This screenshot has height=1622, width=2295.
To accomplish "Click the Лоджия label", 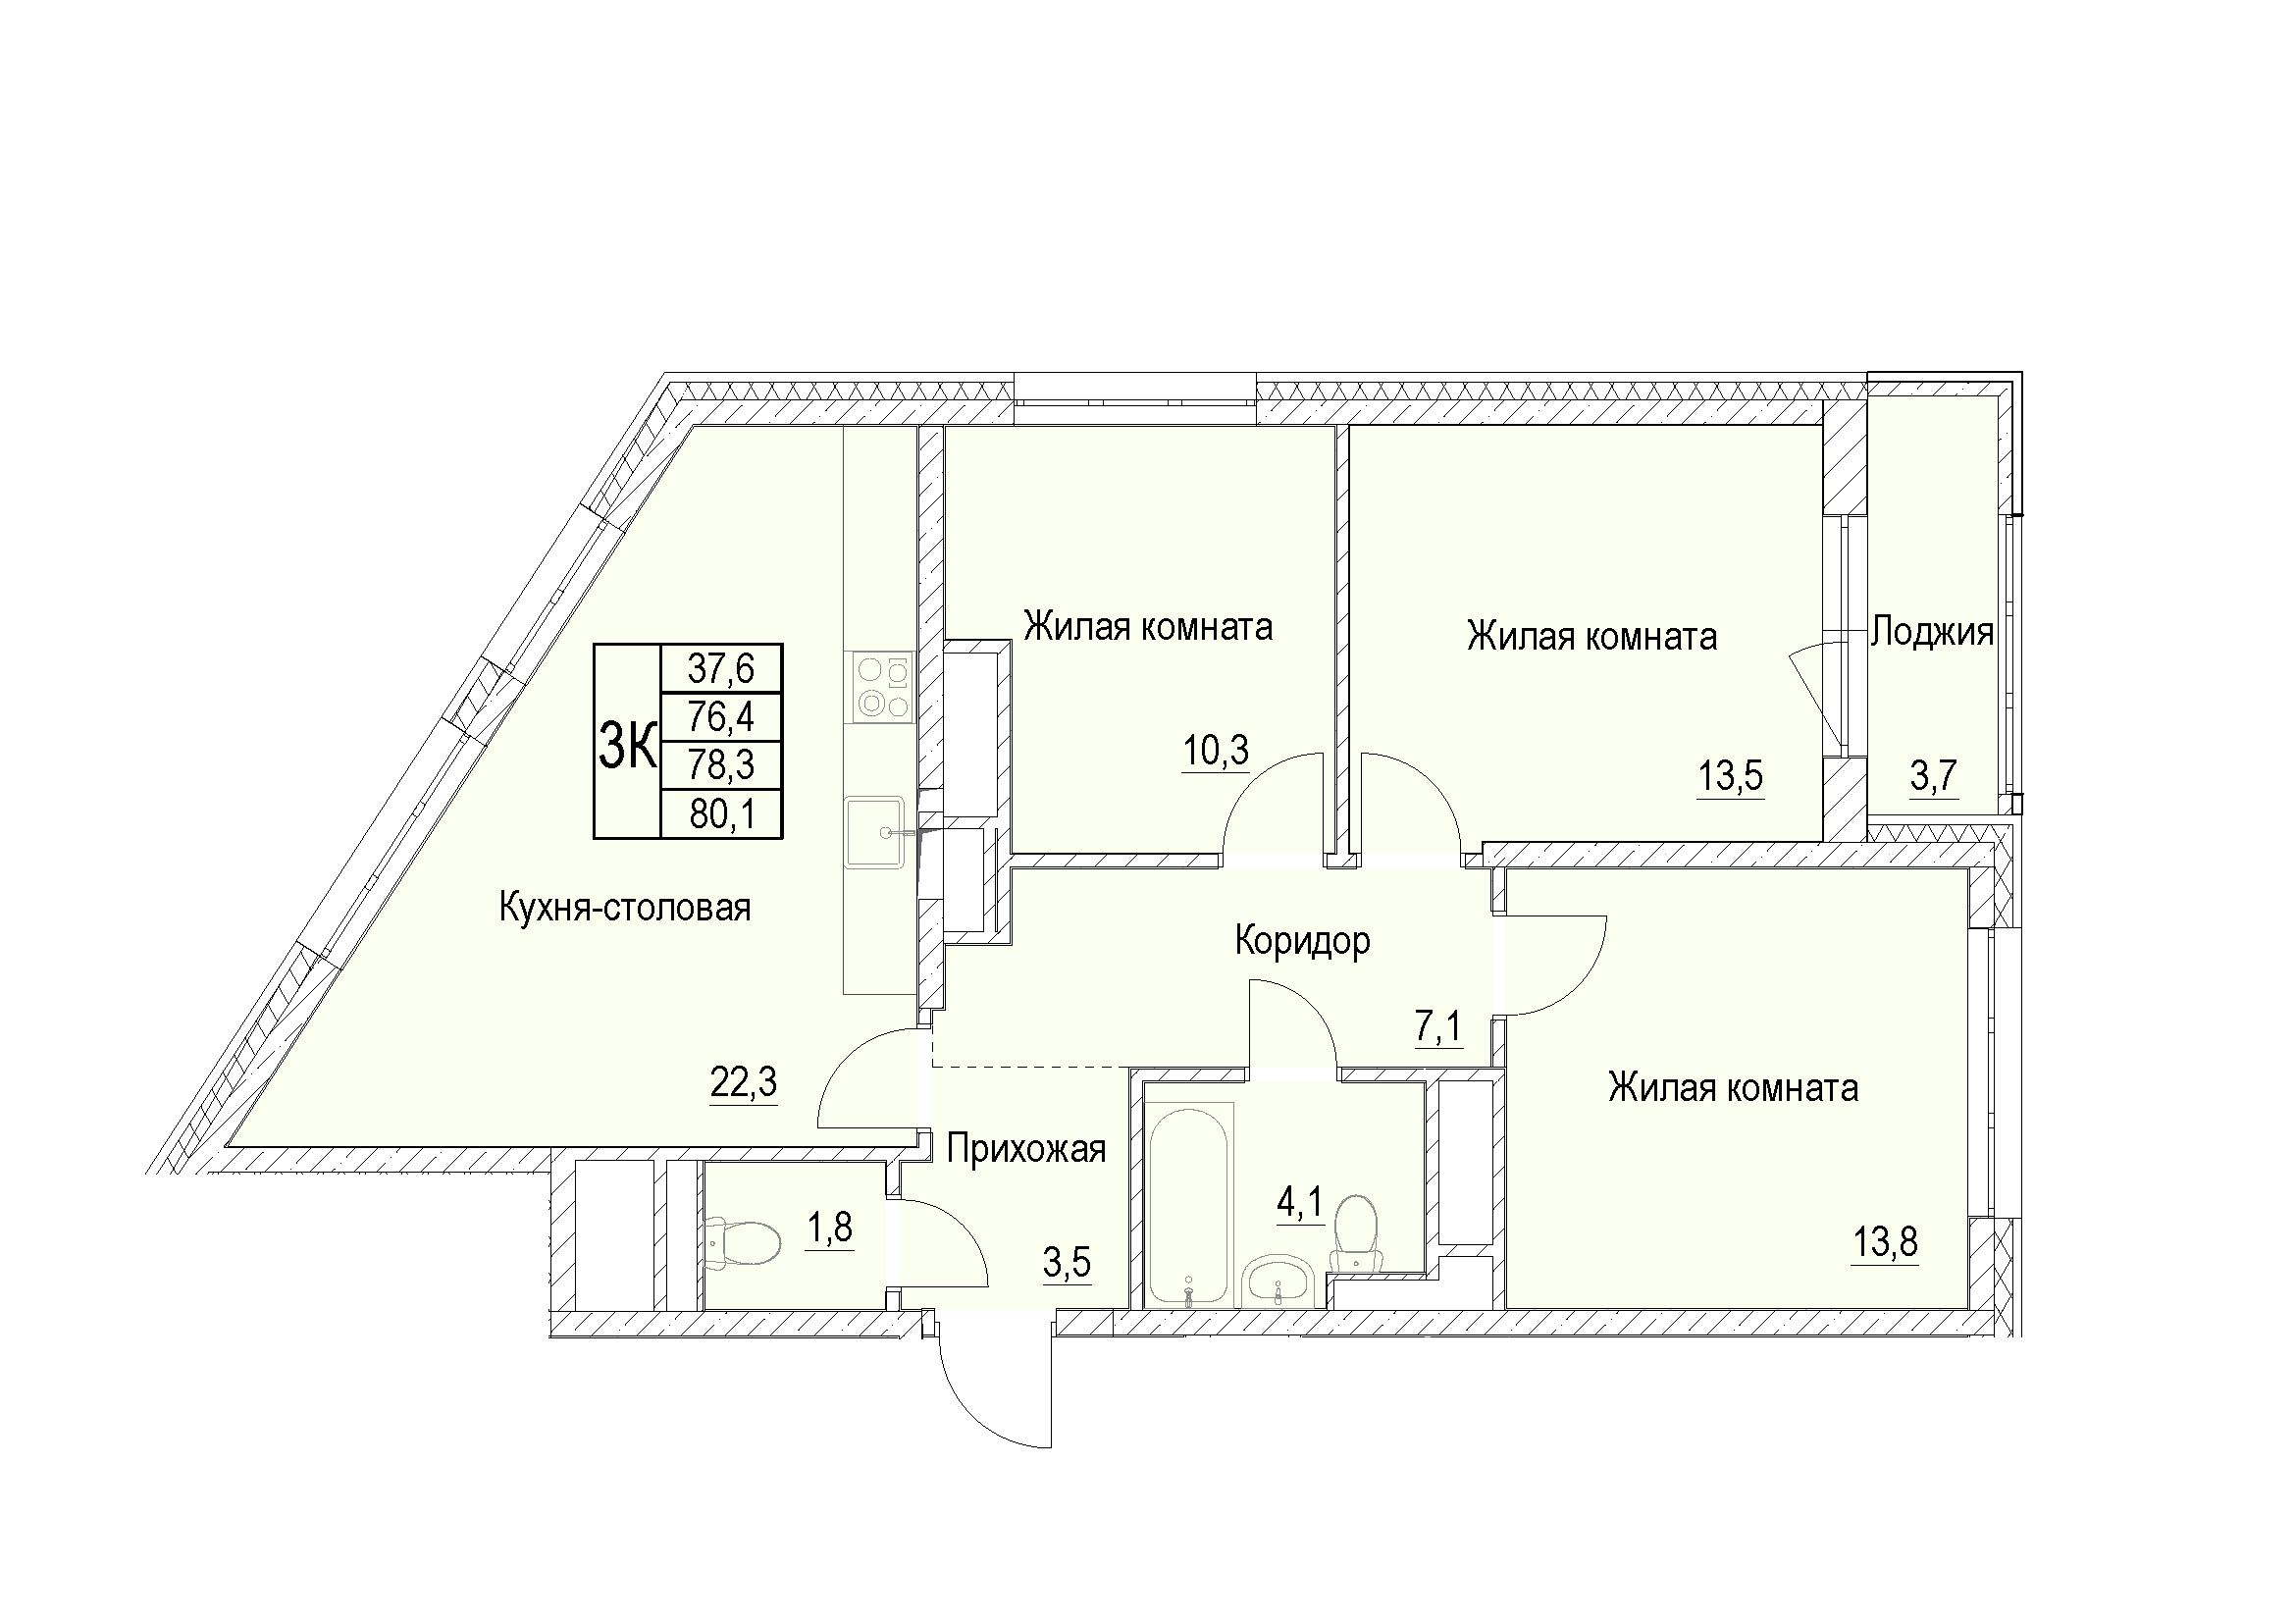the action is (x=1932, y=632).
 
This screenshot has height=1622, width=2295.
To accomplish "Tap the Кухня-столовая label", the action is (x=625, y=908).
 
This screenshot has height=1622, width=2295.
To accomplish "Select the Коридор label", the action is (x=1302, y=940).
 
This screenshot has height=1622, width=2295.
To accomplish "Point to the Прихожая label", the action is (x=1026, y=1149).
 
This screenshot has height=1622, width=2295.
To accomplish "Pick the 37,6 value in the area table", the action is (x=721, y=667).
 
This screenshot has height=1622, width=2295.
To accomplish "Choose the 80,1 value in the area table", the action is (x=721, y=814).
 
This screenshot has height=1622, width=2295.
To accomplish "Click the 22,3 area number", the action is (x=744, y=1081).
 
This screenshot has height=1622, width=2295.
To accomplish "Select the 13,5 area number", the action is (x=1730, y=775).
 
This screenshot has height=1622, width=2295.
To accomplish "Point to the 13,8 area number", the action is (x=1885, y=1243).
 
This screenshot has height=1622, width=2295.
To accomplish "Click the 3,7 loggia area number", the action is (x=1933, y=775).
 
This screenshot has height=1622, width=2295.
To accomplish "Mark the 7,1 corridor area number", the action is (x=1438, y=1025).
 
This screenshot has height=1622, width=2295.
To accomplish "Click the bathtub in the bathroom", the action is (x=1188, y=1205).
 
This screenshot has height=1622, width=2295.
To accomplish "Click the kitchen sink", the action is (x=875, y=831).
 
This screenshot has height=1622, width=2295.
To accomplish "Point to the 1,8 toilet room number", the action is (x=830, y=1228).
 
